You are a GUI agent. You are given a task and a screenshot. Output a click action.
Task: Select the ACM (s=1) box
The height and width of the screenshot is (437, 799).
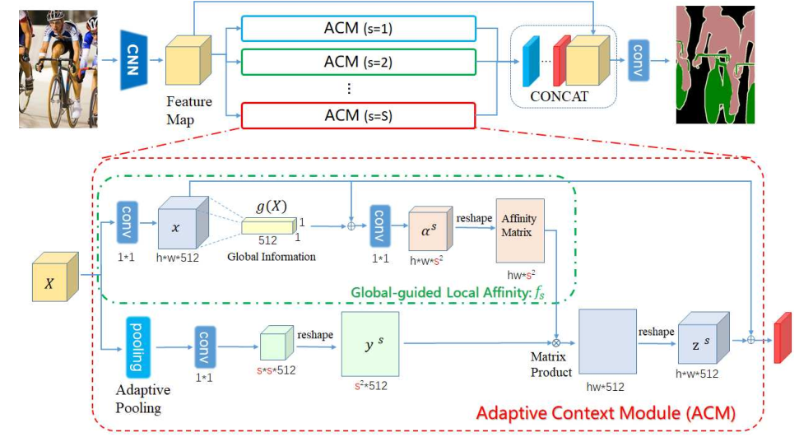pyautogui.click(x=359, y=30)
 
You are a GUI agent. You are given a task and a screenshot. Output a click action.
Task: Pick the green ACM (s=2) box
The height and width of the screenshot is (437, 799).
pyautogui.click(x=359, y=62)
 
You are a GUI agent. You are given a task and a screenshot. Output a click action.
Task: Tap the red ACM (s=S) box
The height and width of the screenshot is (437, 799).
pyautogui.click(x=359, y=115)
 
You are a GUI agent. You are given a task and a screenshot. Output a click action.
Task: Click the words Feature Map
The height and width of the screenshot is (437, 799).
pyautogui.click(x=189, y=109)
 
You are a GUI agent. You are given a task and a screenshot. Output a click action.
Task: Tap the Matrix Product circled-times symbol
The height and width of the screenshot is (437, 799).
pyautogui.click(x=556, y=340)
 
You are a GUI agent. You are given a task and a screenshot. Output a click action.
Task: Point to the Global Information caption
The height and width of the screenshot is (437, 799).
pyautogui.click(x=272, y=257)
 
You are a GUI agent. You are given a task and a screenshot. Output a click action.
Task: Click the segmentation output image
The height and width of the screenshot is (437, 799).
pyautogui.click(x=726, y=64)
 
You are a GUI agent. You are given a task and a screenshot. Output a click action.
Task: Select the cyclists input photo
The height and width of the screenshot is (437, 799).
pyautogui.click(x=58, y=64)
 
